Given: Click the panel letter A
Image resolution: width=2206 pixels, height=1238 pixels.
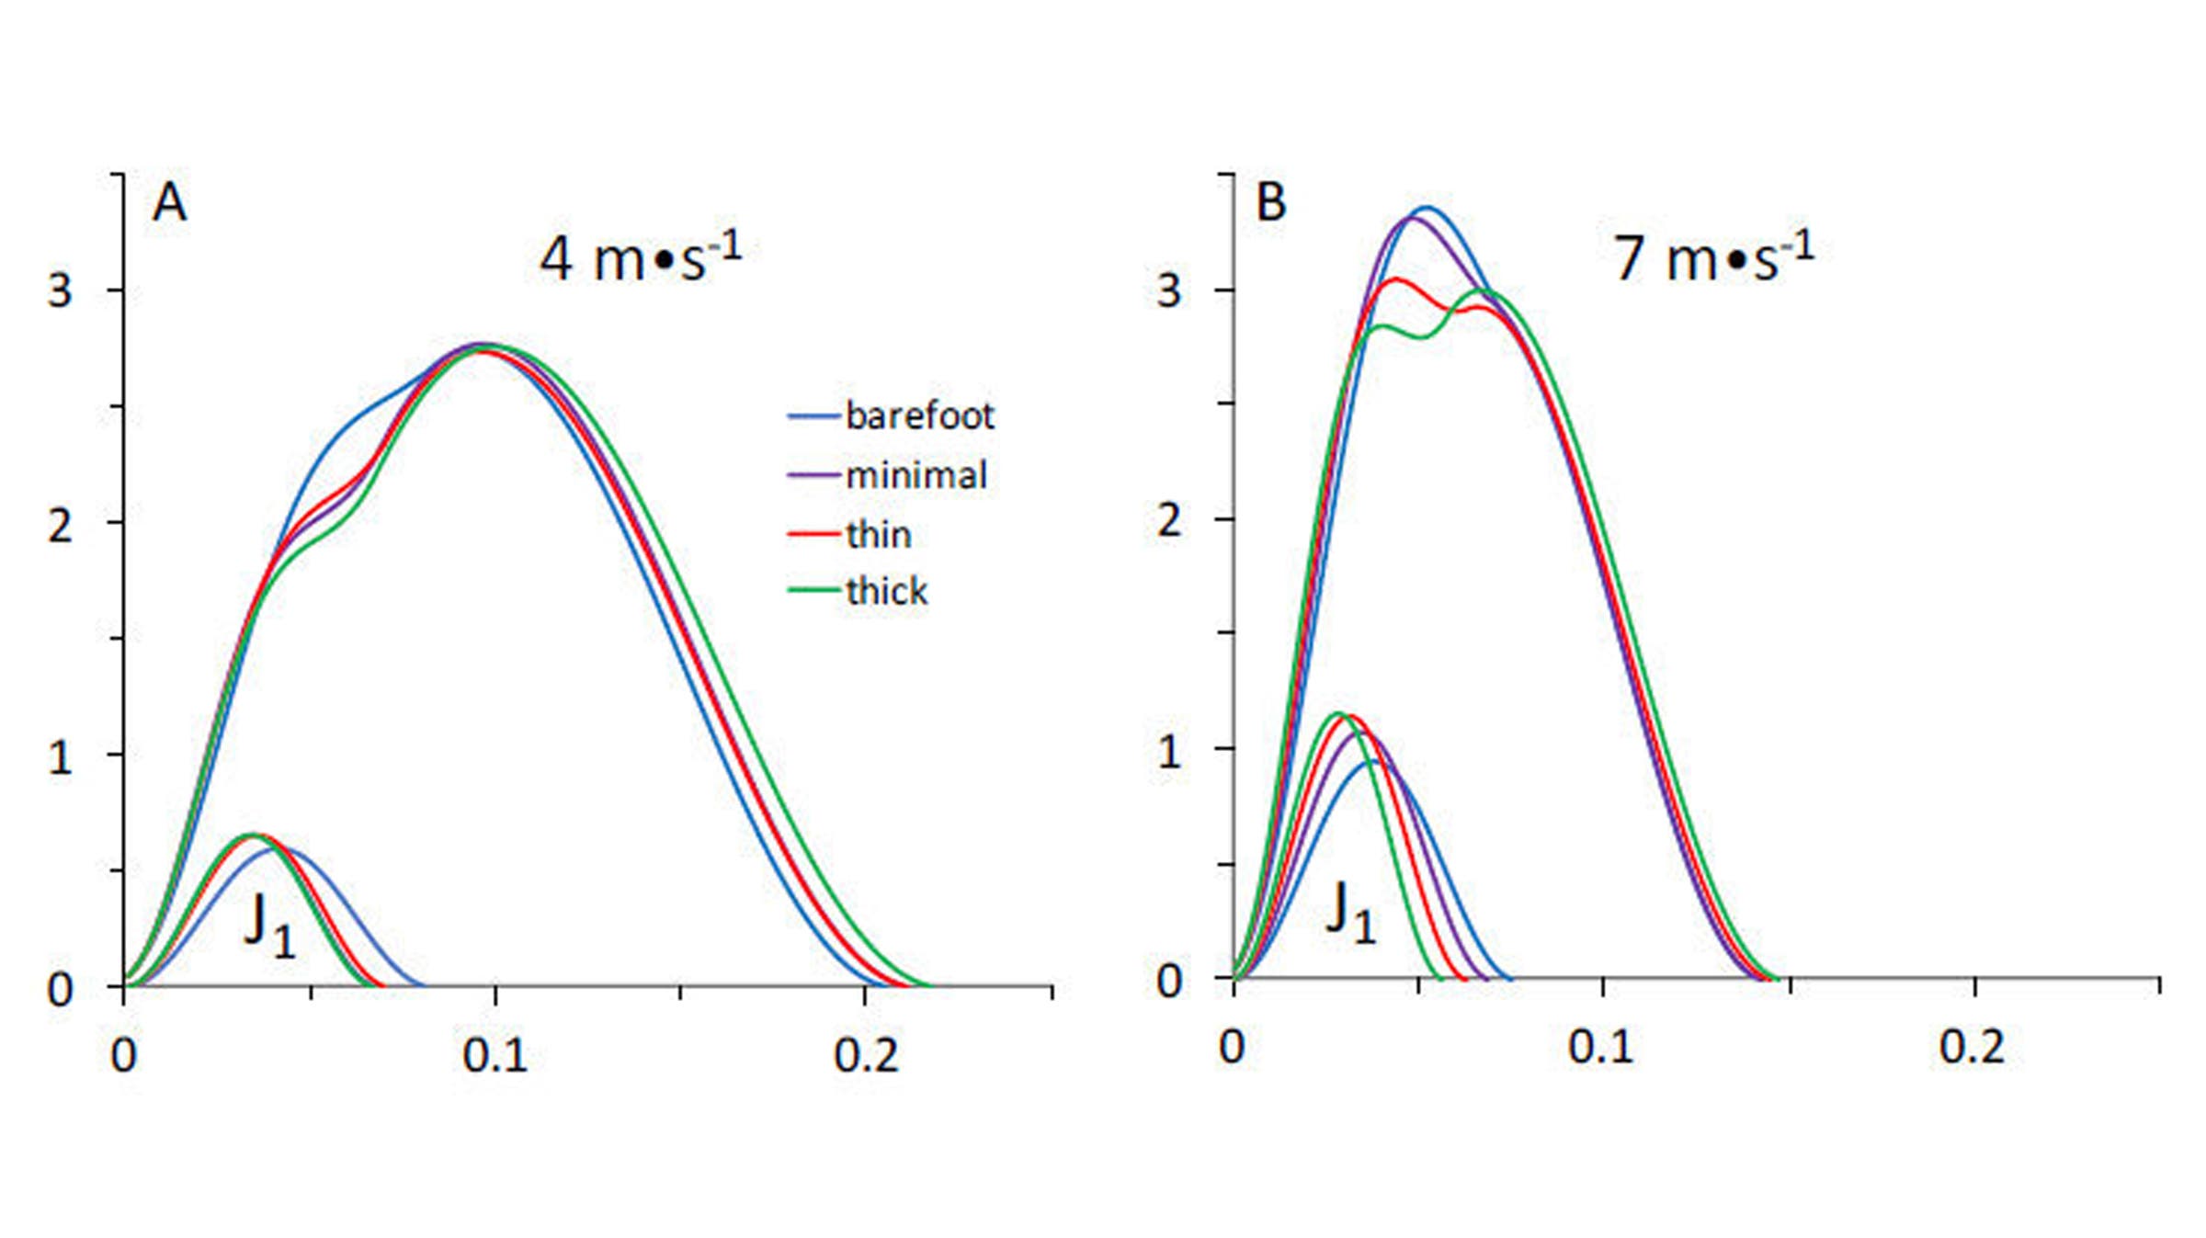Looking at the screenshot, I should (x=169, y=202).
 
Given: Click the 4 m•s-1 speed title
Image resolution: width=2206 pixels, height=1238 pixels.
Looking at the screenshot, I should (x=640, y=258).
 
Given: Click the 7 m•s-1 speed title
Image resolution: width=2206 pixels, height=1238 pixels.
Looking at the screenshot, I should (x=1713, y=258).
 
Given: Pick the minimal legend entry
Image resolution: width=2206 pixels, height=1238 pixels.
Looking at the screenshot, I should (x=915, y=475).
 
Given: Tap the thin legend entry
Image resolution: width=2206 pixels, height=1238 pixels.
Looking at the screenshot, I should (x=877, y=534).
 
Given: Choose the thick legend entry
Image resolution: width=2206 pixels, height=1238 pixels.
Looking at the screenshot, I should (x=885, y=591).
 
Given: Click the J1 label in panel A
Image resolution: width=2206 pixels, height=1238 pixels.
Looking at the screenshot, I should (x=269, y=924).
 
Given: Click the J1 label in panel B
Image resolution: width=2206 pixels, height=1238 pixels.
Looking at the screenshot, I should (x=1350, y=912).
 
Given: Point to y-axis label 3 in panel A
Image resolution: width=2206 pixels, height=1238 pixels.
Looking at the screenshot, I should (x=60, y=291).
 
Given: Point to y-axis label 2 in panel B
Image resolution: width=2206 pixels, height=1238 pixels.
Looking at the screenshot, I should (x=1168, y=521).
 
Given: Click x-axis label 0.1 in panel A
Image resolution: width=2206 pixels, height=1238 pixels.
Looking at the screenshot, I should (x=495, y=1056).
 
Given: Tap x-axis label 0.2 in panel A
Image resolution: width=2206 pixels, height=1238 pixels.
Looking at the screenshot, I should (x=865, y=1056).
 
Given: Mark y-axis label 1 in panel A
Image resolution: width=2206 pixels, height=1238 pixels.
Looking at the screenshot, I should (x=60, y=757).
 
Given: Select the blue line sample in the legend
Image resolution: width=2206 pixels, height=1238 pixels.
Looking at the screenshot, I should (x=813, y=416).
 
